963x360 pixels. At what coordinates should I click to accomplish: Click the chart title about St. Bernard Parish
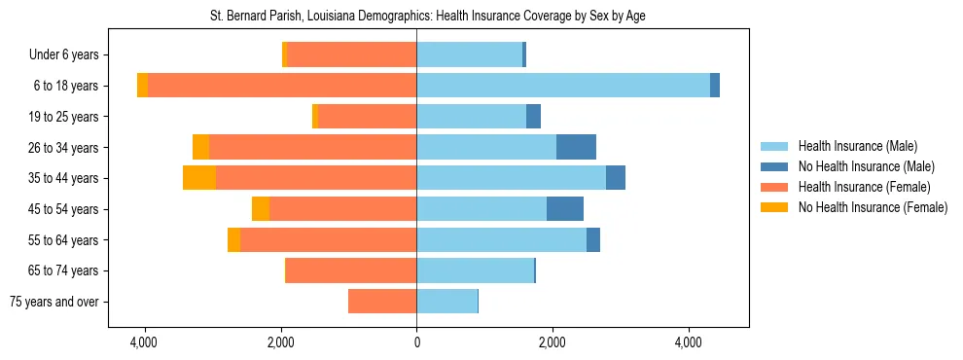[x=428, y=17]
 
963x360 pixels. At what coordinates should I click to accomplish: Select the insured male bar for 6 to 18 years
[x=563, y=86]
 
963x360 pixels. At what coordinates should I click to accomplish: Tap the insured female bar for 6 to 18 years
[x=282, y=86]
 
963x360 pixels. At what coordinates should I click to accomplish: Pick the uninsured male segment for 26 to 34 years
[x=576, y=147]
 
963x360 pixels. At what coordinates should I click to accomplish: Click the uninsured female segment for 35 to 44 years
[x=199, y=178]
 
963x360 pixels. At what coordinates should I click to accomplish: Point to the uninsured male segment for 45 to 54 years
[x=565, y=209]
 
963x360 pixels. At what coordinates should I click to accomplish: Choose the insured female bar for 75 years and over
[x=382, y=302]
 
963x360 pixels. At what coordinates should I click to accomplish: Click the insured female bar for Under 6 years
[x=351, y=54]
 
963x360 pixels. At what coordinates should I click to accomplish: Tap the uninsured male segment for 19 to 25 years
[x=533, y=117]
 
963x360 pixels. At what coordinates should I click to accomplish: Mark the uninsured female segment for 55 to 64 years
[x=233, y=239]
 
